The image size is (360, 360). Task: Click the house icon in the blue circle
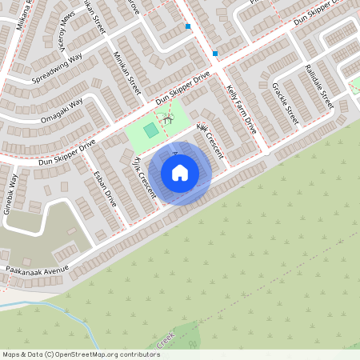pyautogui.click(x=180, y=172)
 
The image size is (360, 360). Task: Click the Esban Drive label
pyautogui.click(x=105, y=189)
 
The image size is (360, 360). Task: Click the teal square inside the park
pyautogui.click(x=150, y=130)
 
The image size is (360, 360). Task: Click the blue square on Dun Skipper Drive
pyautogui.click(x=215, y=54)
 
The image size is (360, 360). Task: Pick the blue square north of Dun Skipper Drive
pyautogui.click(x=188, y=26)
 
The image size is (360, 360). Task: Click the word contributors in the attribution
pyautogui.click(x=140, y=354)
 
